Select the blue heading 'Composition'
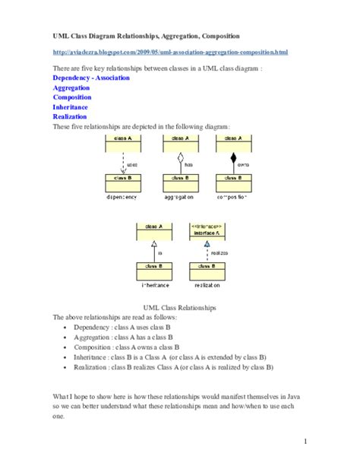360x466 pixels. click(72, 98)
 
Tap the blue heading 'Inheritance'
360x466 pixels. click(71, 108)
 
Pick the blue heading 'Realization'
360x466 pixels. click(69, 118)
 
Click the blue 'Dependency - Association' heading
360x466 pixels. click(91, 78)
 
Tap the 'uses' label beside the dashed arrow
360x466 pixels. click(132, 164)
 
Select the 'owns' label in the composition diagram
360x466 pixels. click(244, 164)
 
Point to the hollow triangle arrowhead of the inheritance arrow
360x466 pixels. click(153, 243)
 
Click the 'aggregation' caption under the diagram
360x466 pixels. click(178, 197)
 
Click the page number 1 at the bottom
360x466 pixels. click(305, 442)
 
